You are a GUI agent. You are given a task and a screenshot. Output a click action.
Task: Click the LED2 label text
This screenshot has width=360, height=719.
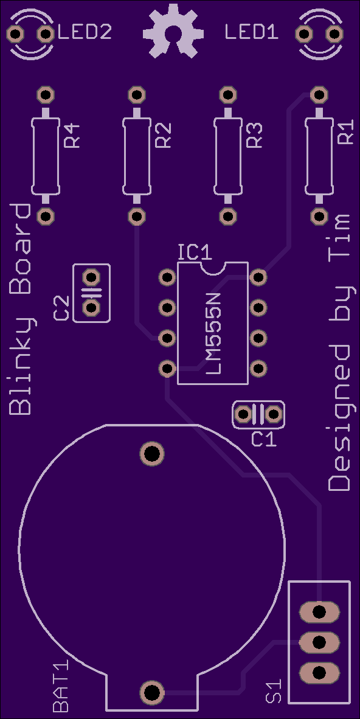[85, 33]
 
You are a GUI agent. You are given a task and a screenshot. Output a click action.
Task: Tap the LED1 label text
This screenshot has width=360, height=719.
[252, 33]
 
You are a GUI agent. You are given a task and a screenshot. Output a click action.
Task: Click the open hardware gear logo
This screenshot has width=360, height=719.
[173, 31]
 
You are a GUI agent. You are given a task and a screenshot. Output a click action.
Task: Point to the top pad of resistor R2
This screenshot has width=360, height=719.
[137, 95]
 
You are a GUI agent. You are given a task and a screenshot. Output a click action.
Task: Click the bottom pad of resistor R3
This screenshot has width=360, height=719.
[228, 216]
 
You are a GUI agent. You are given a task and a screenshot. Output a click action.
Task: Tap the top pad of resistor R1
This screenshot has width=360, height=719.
[319, 95]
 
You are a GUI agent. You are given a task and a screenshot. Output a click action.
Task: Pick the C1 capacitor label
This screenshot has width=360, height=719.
[265, 439]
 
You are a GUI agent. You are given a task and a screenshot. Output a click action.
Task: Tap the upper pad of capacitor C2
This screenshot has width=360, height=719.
[92, 277]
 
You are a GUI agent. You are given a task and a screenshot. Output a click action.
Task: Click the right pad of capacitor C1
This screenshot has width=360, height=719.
[273, 414]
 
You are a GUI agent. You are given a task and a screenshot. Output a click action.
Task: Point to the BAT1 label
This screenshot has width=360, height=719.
[60, 686]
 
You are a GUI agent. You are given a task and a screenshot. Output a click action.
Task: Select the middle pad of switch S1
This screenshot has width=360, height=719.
[319, 642]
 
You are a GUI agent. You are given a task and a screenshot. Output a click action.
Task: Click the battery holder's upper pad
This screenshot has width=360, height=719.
[152, 454]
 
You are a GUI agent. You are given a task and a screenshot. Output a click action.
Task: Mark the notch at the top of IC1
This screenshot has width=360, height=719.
[213, 268]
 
